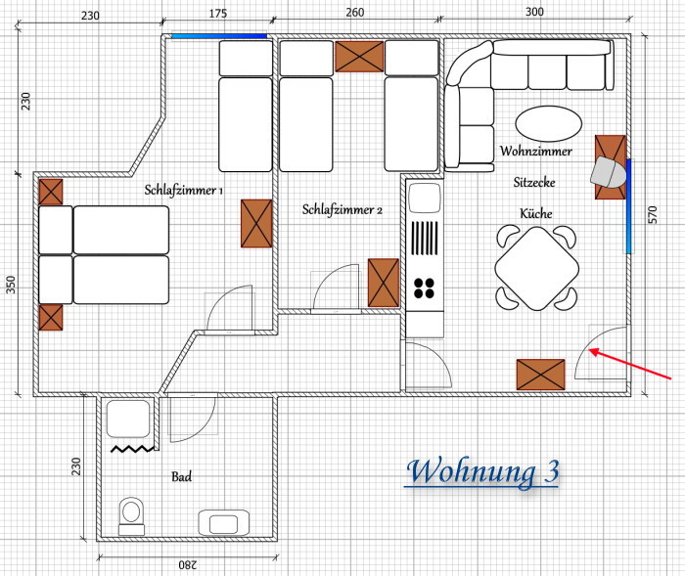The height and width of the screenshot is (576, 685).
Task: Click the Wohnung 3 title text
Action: click(482, 472)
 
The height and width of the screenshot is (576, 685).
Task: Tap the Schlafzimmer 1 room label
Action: click(184, 191)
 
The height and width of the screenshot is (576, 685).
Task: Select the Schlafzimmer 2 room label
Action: click(342, 209)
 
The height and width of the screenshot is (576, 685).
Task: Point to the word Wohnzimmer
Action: click(536, 152)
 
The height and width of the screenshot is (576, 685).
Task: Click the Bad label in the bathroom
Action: click(181, 476)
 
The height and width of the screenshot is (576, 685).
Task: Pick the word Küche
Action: click(536, 213)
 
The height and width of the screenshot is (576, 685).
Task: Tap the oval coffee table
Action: click(549, 123)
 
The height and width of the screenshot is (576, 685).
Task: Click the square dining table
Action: click(537, 269)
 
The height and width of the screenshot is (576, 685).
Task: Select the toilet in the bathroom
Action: click(131, 515)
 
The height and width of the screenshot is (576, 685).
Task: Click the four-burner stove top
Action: click(424, 288)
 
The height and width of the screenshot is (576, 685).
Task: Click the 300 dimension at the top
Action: click(534, 12)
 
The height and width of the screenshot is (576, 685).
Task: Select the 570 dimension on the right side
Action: click(652, 215)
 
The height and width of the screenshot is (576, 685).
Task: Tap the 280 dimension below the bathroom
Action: click(188, 565)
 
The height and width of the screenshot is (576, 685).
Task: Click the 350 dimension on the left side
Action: click(12, 285)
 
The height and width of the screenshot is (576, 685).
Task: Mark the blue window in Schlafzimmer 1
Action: click(219, 36)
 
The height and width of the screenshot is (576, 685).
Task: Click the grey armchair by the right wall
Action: click(608, 172)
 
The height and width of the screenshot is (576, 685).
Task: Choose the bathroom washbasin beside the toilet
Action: click(224, 522)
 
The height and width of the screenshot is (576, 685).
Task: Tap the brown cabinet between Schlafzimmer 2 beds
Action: click(359, 57)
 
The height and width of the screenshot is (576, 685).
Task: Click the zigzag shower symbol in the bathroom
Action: click(132, 449)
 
